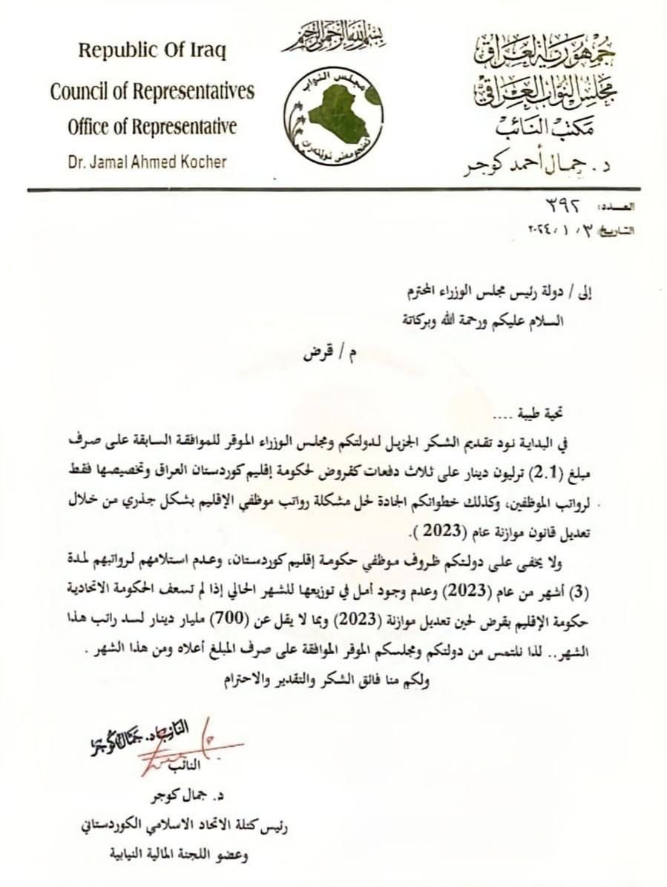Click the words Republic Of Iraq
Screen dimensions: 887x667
[152, 52]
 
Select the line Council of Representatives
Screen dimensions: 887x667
[152, 92]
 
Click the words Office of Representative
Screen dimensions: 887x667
[152, 127]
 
